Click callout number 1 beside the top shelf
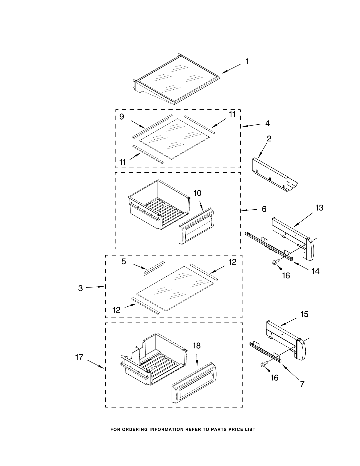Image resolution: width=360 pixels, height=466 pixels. coord(247,61)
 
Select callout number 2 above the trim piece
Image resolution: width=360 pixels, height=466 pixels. coord(269,138)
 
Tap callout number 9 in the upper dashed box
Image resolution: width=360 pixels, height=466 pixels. coord(122,117)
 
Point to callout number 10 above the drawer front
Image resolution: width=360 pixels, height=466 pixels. coord(197,193)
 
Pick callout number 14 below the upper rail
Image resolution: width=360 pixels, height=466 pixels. coord(315,271)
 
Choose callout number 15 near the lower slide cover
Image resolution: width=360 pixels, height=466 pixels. coord(304,314)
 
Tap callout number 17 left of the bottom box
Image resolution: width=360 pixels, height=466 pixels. coord(79,357)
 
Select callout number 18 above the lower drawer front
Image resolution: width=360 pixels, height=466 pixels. coord(197,346)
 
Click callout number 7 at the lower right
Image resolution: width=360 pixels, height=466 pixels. coord(302,384)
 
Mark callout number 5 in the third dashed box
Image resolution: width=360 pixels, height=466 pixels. coord(124,262)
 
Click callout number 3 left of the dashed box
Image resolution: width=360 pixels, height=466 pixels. coord(80,288)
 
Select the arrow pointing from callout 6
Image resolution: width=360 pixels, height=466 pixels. coord(249,210)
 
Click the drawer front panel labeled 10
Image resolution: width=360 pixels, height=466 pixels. coord(197,226)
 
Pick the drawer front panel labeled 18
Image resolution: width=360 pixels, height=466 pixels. coord(194,383)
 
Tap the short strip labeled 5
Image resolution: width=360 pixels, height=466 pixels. coord(154,268)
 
